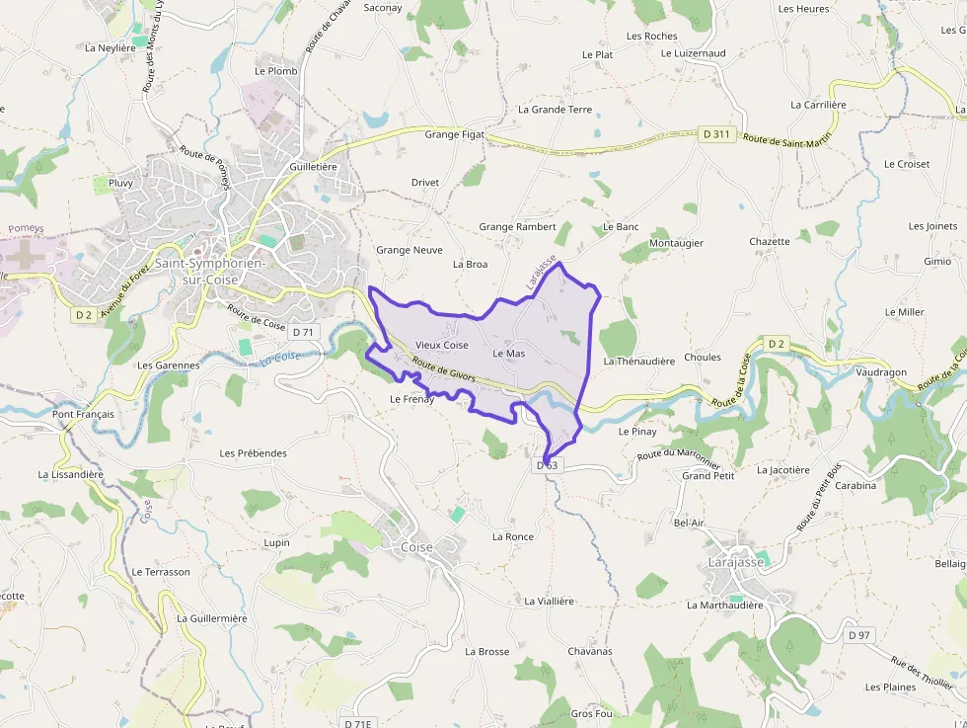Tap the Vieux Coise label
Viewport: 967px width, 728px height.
(441, 345)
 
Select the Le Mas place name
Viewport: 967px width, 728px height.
(508, 353)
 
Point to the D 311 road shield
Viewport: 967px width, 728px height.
(717, 133)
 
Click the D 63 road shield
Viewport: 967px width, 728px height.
(548, 464)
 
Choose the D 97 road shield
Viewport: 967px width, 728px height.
(859, 635)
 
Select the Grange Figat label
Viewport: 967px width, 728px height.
(455, 134)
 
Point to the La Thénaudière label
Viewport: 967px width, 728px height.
(638, 362)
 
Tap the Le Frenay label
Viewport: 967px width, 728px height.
(411, 399)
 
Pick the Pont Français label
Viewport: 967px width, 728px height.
(83, 414)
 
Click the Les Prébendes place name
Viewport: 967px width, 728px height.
(253, 453)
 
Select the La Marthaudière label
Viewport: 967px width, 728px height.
(724, 605)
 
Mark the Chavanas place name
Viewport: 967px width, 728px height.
(589, 651)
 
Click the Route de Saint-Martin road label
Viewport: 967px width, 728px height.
(787, 141)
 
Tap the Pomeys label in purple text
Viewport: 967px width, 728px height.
(27, 228)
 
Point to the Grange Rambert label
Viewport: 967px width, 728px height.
(517, 226)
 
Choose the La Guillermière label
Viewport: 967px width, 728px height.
(211, 618)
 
